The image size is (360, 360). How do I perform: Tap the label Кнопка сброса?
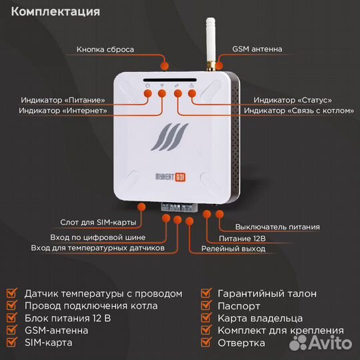pyautogui.click(x=105, y=49)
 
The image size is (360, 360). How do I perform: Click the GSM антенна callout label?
pyautogui.click(x=257, y=49)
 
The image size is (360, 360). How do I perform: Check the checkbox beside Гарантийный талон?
pyautogui.click(x=206, y=293)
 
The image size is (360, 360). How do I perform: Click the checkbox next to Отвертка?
pyautogui.click(x=206, y=343)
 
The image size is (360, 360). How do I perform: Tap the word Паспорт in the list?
pyautogui.click(x=239, y=306)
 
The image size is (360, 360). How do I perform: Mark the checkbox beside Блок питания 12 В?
pyautogui.click(x=12, y=319)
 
